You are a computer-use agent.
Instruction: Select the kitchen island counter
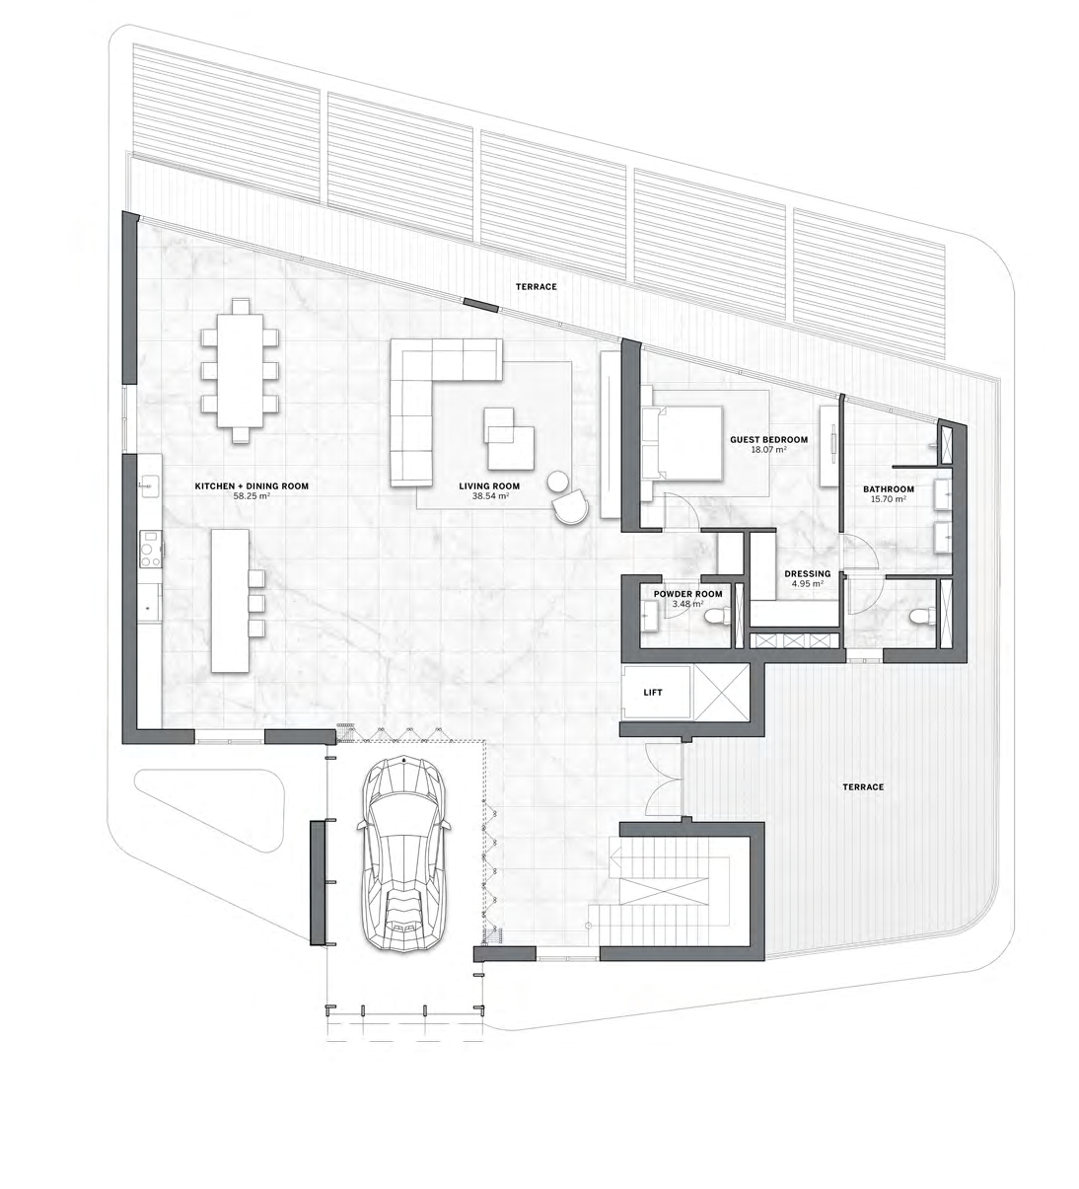(228, 599)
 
